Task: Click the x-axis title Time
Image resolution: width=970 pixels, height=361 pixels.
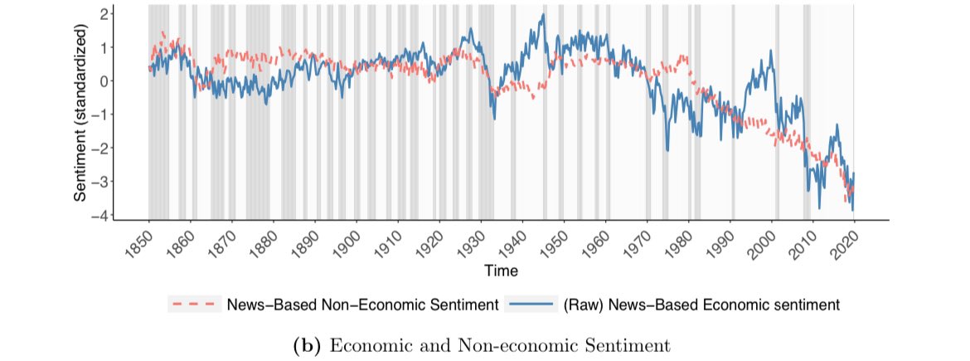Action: (501, 271)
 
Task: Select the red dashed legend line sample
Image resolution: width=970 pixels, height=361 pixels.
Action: (193, 305)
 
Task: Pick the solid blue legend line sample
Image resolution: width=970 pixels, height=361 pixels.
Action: (529, 305)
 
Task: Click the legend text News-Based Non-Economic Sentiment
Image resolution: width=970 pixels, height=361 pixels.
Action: (361, 305)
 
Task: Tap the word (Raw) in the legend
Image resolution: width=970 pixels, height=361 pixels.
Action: (584, 305)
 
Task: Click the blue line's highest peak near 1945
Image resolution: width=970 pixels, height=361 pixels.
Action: (543, 15)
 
